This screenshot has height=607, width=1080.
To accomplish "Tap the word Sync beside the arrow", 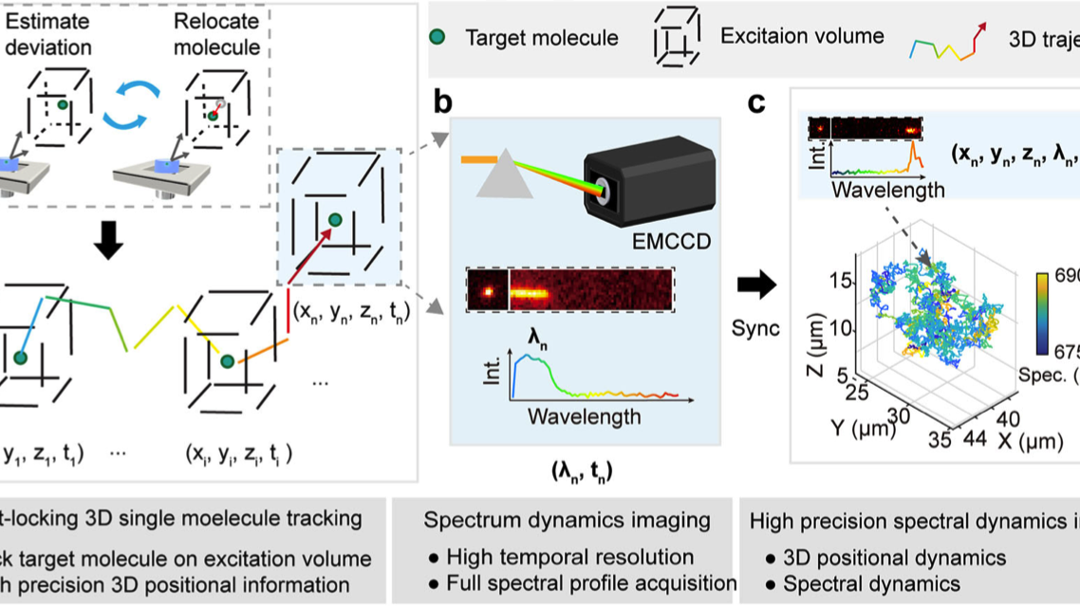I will pos(754,328).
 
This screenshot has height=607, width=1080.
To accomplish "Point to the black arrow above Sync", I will pos(756,284).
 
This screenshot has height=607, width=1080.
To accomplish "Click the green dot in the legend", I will pos(437,38).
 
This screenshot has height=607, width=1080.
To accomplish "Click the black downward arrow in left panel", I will pos(110,244).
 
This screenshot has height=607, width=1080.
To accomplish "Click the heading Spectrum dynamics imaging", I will pos(568,520).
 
